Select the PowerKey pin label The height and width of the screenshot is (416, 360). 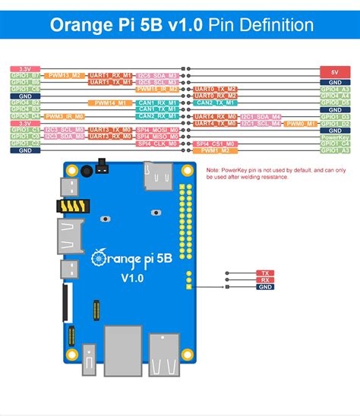tap(335, 137)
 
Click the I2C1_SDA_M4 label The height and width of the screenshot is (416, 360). tap(267, 116)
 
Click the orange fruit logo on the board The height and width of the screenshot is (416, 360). tap(96, 258)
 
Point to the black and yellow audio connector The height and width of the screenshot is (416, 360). tap(71, 206)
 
